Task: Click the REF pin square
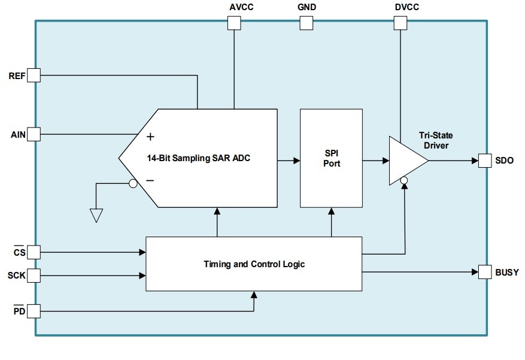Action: (34, 75)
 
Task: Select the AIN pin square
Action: (34, 134)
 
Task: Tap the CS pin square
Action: (34, 252)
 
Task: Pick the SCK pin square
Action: (34, 276)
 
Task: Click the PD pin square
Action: (34, 311)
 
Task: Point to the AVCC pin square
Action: (234, 23)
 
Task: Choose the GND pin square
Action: (306, 23)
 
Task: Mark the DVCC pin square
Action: (400, 23)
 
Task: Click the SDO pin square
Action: (485, 161)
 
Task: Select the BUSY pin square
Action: (485, 272)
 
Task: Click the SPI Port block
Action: (331, 158)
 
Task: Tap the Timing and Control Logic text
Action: (254, 264)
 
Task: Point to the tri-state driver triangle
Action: (405, 160)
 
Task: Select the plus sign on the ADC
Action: (150, 137)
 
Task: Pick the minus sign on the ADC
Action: (150, 180)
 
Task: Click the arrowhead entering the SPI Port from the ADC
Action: (296, 161)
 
